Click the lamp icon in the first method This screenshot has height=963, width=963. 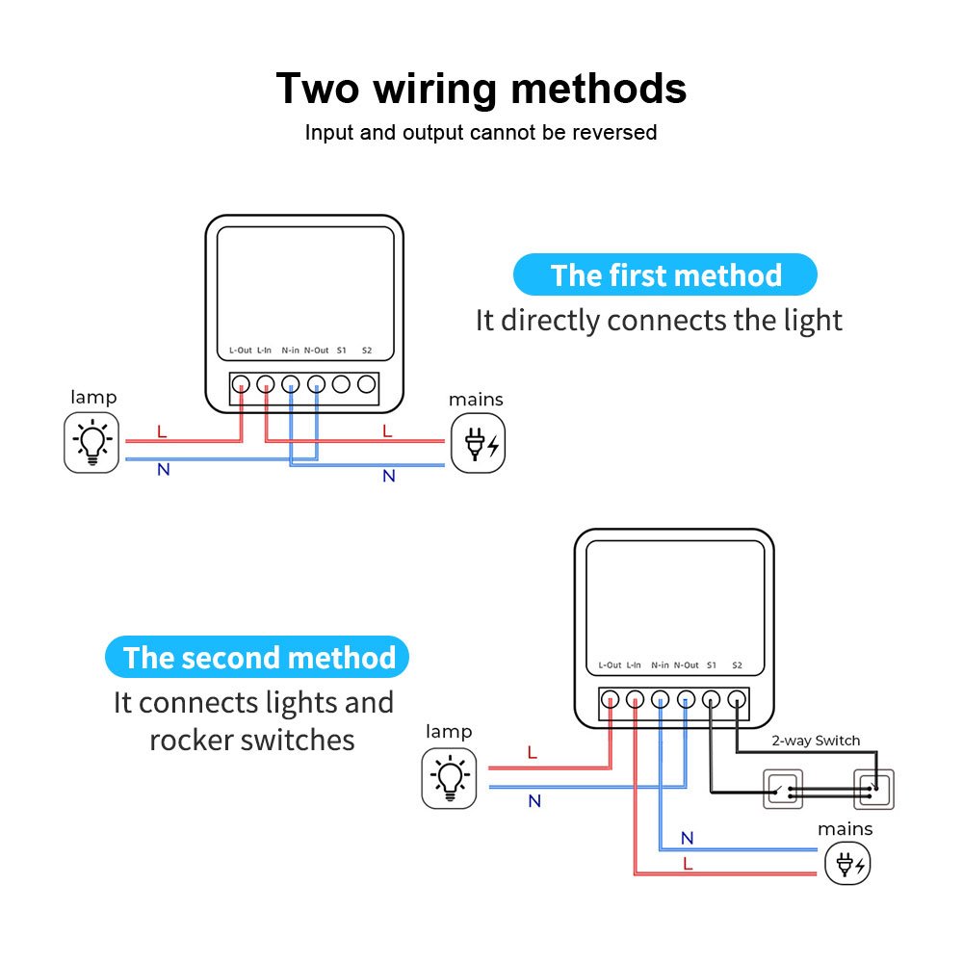(x=91, y=443)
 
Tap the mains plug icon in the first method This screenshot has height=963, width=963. (x=478, y=443)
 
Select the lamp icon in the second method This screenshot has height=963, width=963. (x=449, y=778)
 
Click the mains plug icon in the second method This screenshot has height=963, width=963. (x=847, y=864)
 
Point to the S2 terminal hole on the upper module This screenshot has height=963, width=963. (x=366, y=384)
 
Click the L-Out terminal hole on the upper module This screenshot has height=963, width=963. (x=241, y=384)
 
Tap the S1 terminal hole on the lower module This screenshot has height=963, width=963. (x=712, y=700)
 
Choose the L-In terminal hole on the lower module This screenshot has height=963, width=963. (x=635, y=700)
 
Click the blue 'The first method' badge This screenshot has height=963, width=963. (x=665, y=275)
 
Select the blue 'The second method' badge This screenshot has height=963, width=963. (x=258, y=658)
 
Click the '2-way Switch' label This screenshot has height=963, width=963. (x=816, y=741)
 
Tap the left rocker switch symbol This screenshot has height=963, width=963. (x=783, y=789)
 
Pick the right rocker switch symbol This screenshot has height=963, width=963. (x=873, y=789)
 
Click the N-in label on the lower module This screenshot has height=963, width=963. (x=660, y=664)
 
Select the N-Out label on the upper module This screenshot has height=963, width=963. (x=317, y=350)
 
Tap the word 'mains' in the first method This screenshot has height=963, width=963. (x=476, y=400)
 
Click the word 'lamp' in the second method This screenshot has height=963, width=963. (x=449, y=732)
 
